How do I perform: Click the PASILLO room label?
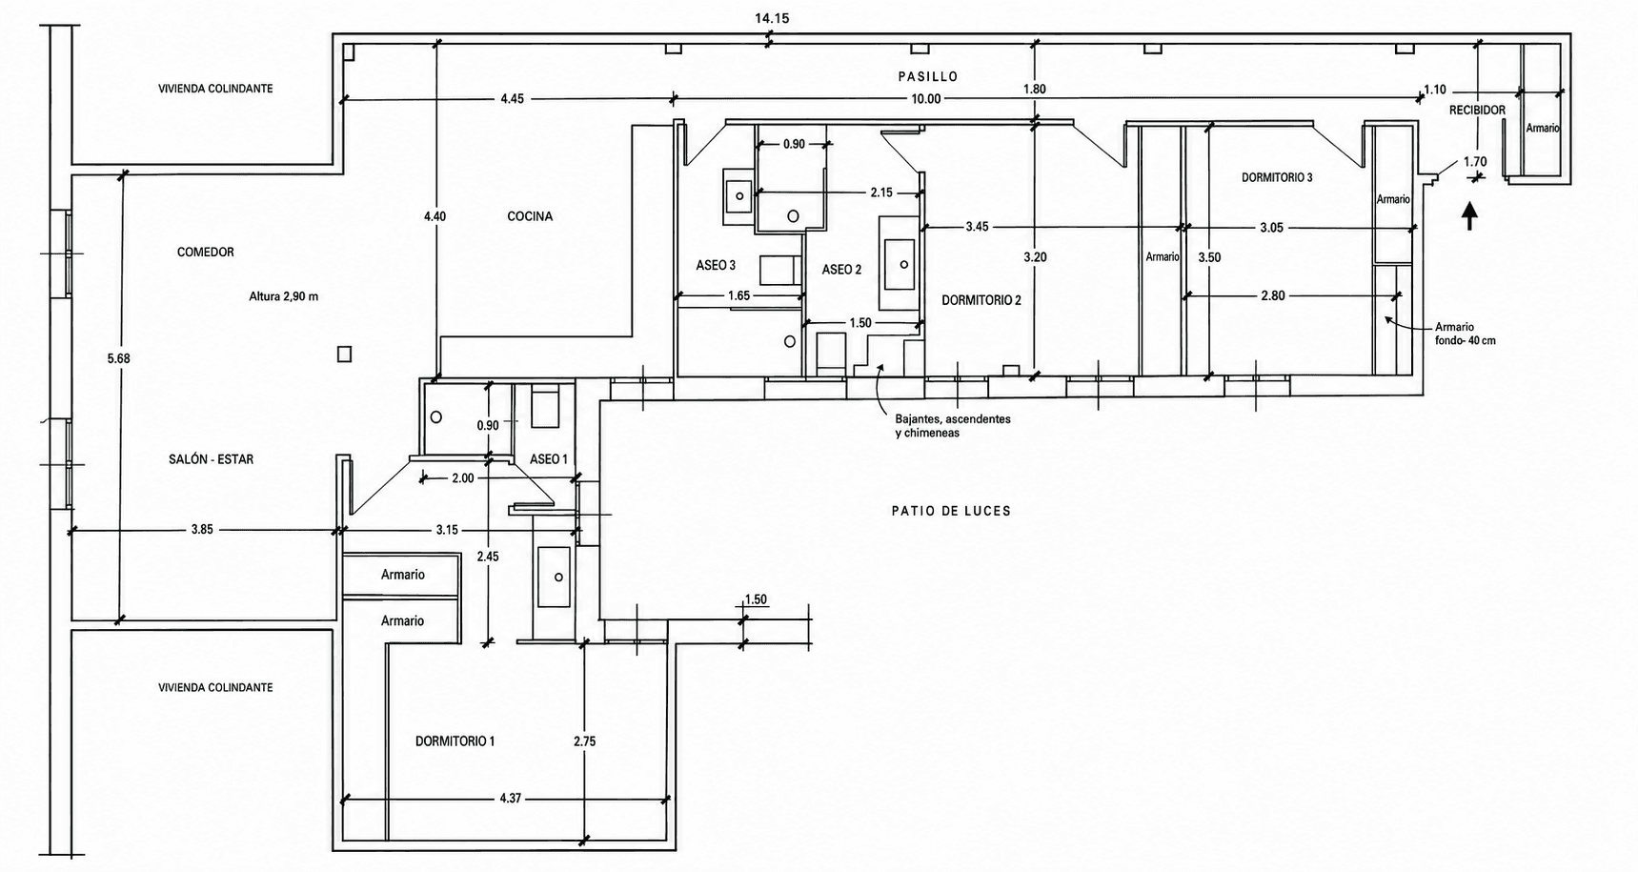tap(927, 76)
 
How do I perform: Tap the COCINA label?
tap(530, 216)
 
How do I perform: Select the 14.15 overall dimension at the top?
tap(772, 18)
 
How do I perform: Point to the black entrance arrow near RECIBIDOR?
tap(1469, 215)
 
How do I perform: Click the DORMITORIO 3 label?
tap(1277, 177)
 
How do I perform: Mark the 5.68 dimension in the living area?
tap(118, 358)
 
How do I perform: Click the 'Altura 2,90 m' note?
tap(284, 296)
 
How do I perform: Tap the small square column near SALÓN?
tap(345, 355)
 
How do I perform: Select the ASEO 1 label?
tap(548, 459)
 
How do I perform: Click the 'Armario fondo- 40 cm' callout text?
tap(1465, 334)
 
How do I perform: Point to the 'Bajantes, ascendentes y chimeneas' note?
tap(953, 426)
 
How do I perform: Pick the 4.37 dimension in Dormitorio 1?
tap(510, 799)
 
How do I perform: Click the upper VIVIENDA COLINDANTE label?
tap(215, 89)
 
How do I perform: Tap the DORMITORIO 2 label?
tap(981, 300)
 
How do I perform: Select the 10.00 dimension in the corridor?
tap(925, 99)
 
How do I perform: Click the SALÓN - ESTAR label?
tap(211, 459)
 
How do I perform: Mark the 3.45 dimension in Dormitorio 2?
tap(977, 227)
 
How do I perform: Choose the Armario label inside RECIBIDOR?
tap(1543, 128)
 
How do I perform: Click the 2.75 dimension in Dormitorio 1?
tap(585, 740)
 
